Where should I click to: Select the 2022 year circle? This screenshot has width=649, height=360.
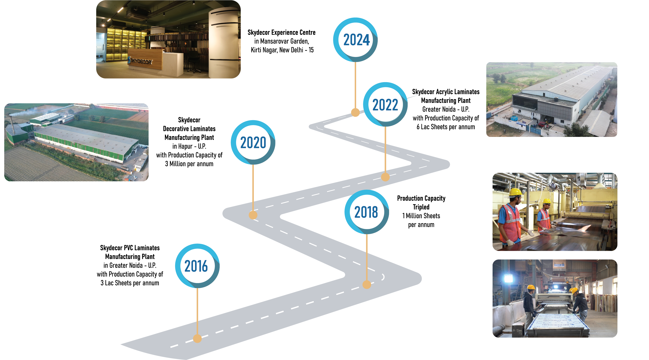[x=385, y=104]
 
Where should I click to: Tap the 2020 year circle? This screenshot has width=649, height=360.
[x=253, y=143]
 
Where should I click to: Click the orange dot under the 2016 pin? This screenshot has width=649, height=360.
[x=197, y=338]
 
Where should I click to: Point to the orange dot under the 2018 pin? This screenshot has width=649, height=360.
[x=367, y=284]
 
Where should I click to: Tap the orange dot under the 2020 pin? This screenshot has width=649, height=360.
[x=253, y=215]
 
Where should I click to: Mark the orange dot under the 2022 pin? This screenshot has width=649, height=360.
[x=385, y=177]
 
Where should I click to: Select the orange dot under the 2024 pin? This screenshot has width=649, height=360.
[x=355, y=112]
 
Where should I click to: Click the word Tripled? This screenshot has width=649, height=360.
[x=421, y=207]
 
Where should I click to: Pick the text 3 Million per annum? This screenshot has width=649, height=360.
[x=189, y=164]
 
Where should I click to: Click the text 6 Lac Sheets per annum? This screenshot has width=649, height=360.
[x=445, y=127]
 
